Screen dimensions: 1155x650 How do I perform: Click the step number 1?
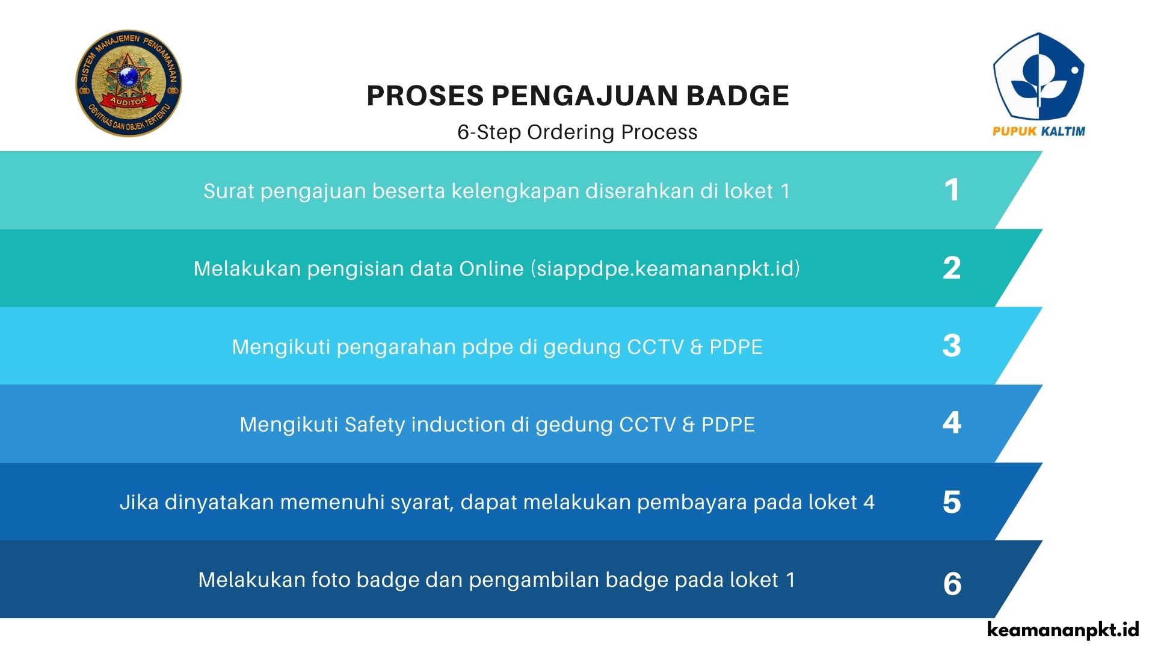click(952, 190)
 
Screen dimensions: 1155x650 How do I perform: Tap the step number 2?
click(952, 268)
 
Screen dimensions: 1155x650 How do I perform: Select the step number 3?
click(952, 346)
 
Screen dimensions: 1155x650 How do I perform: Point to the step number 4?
click(952, 423)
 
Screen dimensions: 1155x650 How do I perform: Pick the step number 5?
click(952, 502)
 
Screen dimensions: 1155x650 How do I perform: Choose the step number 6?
click(952, 584)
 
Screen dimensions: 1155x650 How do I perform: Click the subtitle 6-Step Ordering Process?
click(577, 132)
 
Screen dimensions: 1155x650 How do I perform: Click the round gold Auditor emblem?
click(129, 83)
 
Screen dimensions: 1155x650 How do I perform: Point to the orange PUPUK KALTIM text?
click(1039, 131)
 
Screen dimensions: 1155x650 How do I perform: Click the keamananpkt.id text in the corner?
click(1064, 630)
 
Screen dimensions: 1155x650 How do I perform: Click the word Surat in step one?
click(229, 191)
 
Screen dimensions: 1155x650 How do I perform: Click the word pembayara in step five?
click(692, 503)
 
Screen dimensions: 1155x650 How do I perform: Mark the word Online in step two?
click(491, 268)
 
